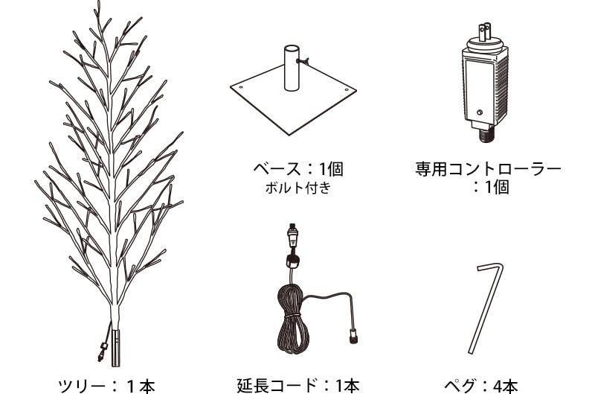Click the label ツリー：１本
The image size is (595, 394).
coord(107,386)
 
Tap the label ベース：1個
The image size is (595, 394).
coord(298,169)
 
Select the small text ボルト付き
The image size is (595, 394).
coord(298,188)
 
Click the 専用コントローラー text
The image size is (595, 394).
coord(488,169)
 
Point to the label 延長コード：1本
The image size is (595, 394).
coord(298,386)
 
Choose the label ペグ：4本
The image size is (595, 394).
coord(481,386)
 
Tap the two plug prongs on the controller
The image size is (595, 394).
coord(485,32)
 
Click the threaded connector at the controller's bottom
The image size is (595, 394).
coord(486,135)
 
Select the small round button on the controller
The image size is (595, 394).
coord(480,112)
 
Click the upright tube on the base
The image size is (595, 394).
coord(292,69)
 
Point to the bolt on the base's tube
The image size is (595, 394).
coord(303,60)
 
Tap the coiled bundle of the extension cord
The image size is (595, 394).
coord(293,318)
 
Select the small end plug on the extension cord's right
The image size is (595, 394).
coord(353,336)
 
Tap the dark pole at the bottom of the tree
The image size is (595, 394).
coord(116,348)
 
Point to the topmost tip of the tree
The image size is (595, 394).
coord(99,1)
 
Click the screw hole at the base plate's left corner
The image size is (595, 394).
coord(241,87)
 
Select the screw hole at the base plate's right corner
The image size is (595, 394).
coord(347,90)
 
